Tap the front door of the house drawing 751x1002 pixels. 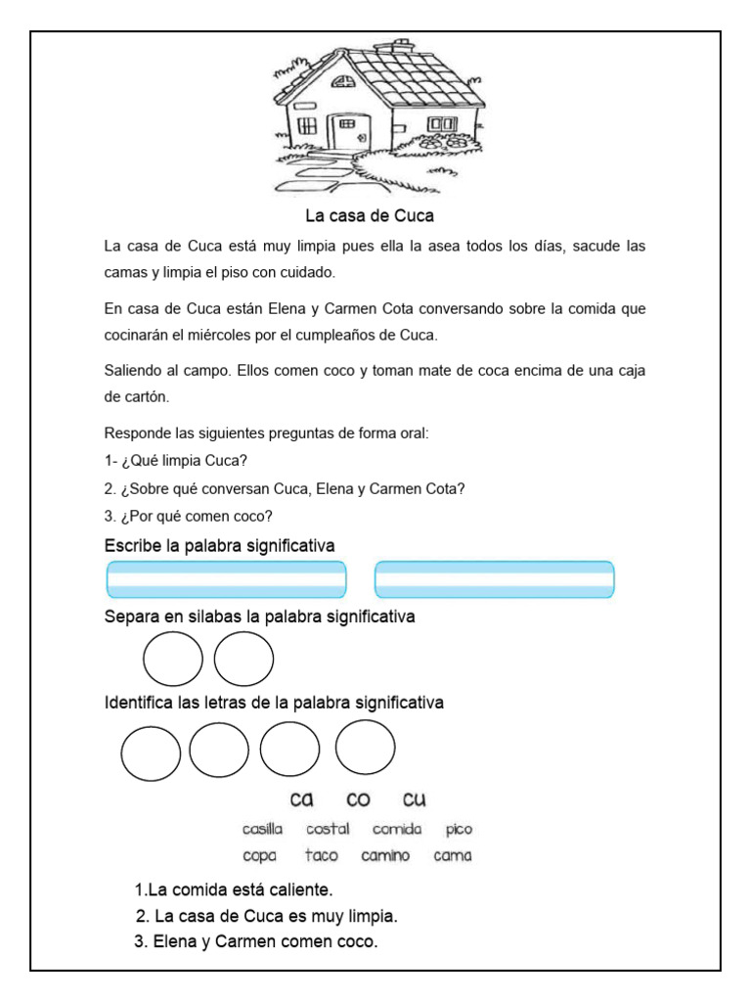pyautogui.click(x=345, y=133)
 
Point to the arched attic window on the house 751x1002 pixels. pyautogui.click(x=344, y=83)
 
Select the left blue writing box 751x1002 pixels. pyautogui.click(x=226, y=579)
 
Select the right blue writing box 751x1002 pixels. pyautogui.click(x=495, y=579)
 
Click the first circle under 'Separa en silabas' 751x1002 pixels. pyautogui.click(x=173, y=660)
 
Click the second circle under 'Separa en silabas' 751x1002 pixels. pyautogui.click(x=243, y=660)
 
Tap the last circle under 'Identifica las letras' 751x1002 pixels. pyautogui.click(x=365, y=749)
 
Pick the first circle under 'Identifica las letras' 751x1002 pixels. pyautogui.click(x=151, y=752)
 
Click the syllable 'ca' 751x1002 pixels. pyautogui.click(x=301, y=799)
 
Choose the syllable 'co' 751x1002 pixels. pyautogui.click(x=358, y=799)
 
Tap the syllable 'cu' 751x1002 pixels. pyautogui.click(x=415, y=799)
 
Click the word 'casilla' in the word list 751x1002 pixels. pyautogui.click(x=262, y=829)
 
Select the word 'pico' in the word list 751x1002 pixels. pyautogui.click(x=459, y=829)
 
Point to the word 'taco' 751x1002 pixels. pyautogui.click(x=321, y=855)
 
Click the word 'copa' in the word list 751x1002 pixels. pyautogui.click(x=261, y=856)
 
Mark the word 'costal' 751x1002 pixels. pyautogui.click(x=328, y=829)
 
